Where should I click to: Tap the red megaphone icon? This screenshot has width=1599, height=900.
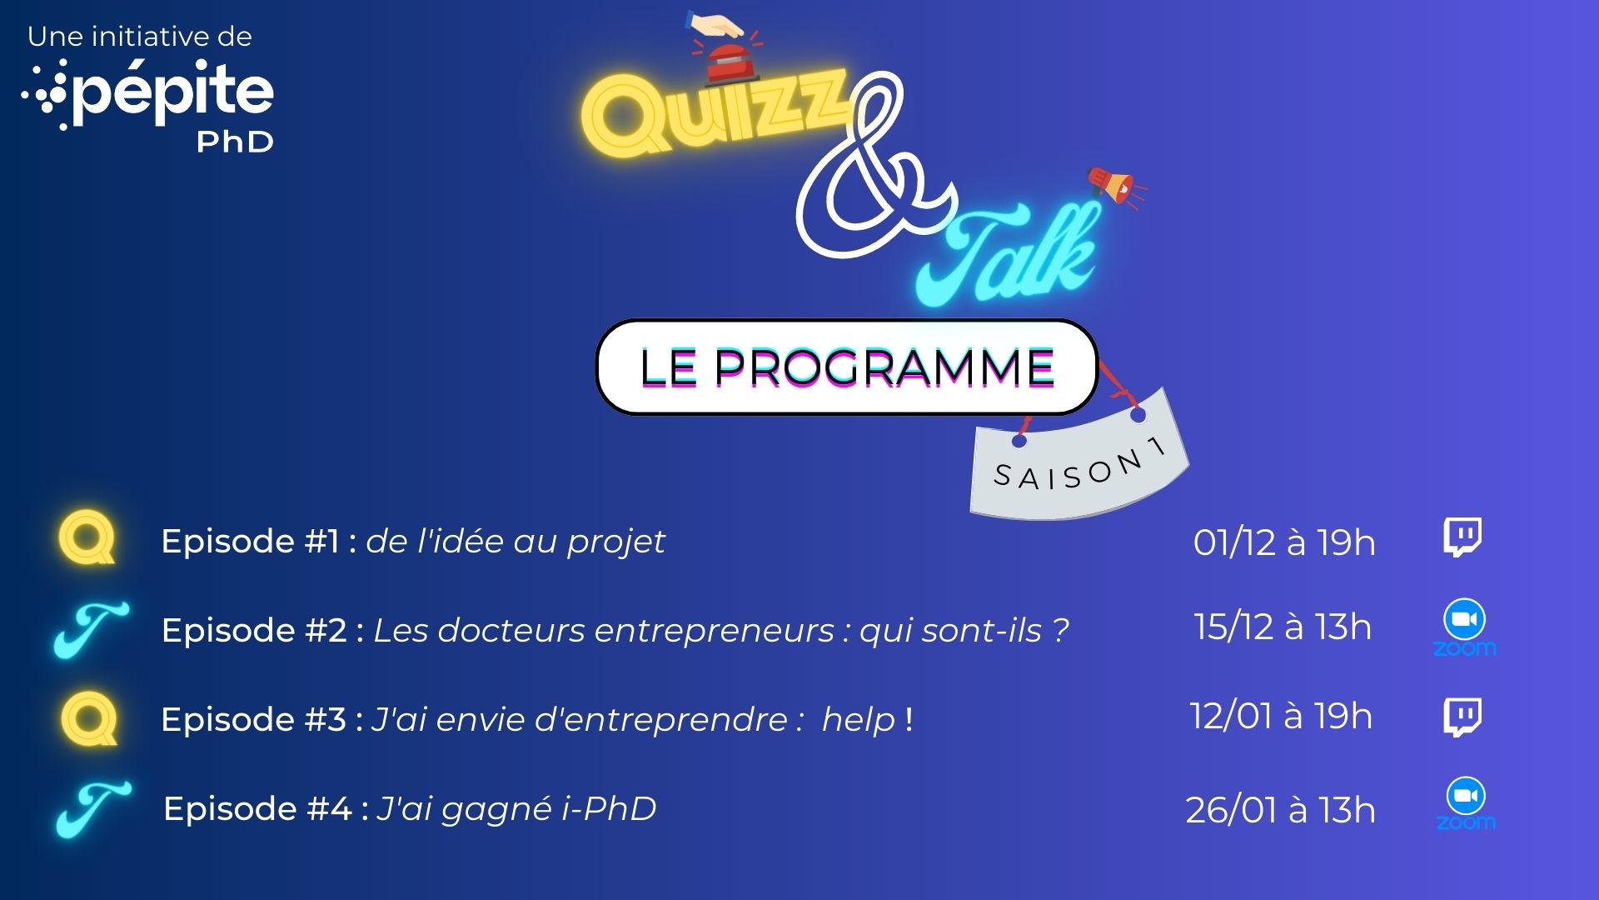[x=1114, y=185]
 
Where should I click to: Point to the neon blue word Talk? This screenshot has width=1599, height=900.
[x=1008, y=254]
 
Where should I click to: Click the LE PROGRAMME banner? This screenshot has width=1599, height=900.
[x=847, y=367]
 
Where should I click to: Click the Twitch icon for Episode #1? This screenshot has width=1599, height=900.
[x=1462, y=537]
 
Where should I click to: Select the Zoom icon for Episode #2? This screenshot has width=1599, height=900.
[x=1464, y=627]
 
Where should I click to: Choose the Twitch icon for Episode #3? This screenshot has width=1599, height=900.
[x=1462, y=717]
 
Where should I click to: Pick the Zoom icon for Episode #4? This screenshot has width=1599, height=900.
[x=1466, y=804]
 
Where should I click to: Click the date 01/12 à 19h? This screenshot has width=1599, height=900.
[x=1284, y=542]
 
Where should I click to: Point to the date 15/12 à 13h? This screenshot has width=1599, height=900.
[x=1283, y=627]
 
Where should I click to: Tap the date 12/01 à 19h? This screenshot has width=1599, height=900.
[x=1281, y=716]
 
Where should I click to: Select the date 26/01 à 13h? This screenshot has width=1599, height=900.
[x=1280, y=810]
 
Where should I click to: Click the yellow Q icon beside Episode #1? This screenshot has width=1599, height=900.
[x=87, y=538]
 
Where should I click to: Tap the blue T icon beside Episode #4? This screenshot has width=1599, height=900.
[x=92, y=809]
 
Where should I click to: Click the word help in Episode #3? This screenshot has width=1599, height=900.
[x=858, y=718]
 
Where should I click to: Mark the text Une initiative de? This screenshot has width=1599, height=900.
[x=140, y=37]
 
